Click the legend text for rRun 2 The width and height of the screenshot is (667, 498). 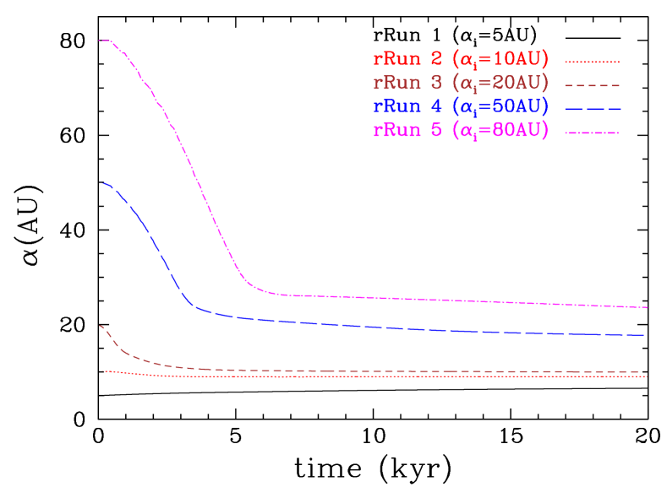tap(461, 60)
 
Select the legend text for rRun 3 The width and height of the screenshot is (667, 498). tap(461, 84)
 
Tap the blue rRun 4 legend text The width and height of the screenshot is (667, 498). tap(461, 107)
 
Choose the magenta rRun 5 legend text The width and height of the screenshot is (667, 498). tap(461, 131)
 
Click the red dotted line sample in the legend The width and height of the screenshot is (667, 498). tap(593, 61)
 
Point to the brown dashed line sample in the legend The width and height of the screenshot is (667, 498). tap(593, 84)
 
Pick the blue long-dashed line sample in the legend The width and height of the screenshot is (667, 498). tap(593, 108)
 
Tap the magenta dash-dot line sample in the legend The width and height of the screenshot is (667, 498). tap(593, 132)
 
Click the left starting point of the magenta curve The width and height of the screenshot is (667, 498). tap(101, 41)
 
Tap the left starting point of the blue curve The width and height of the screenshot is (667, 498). tap(101, 183)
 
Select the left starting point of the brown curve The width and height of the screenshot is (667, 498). tap(101, 326)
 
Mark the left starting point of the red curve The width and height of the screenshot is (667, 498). tap(104, 371)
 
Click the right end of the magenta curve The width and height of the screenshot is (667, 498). tap(647, 307)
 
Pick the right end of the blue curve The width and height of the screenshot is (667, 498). tap(645, 335)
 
